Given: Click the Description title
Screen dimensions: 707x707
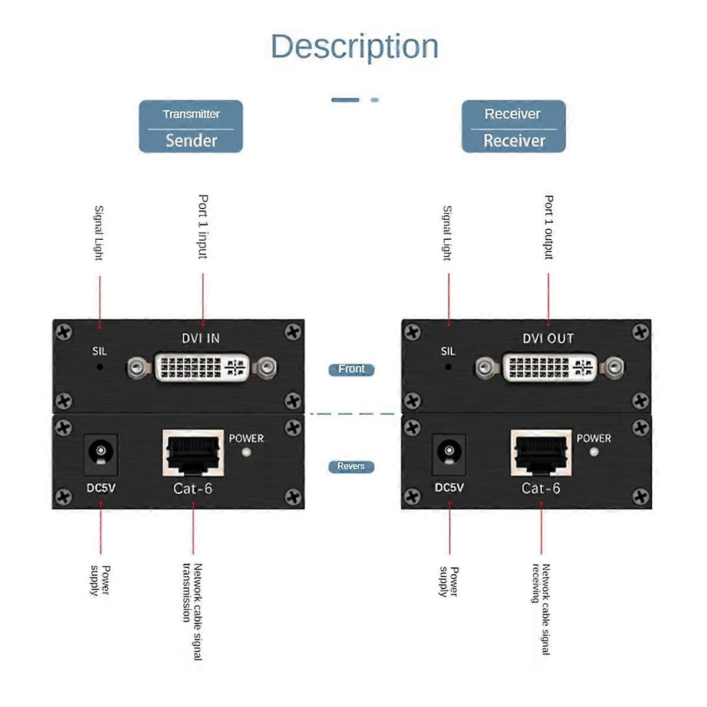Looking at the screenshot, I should tap(355, 47).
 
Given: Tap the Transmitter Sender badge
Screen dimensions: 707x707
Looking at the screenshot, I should tap(191, 127).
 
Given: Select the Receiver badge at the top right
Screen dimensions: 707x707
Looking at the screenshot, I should tap(513, 127).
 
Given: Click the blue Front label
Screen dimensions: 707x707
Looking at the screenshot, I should tap(351, 369).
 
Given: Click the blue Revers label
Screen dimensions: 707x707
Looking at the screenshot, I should tap(351, 467).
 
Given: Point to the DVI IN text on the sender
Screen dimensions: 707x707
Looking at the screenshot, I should tap(200, 338).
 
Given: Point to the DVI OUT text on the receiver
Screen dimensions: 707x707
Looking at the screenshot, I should tap(548, 338).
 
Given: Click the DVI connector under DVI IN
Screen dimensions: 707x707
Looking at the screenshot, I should tap(201, 368).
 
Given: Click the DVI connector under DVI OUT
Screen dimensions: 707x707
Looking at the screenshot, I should tap(550, 368).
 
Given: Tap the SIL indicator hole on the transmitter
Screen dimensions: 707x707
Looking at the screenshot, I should tap(100, 366).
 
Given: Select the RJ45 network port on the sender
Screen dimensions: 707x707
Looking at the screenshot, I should tap(193, 452).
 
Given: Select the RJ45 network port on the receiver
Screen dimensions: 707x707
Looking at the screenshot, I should tap(541, 452).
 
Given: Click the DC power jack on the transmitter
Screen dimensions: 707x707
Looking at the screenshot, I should tap(101, 454).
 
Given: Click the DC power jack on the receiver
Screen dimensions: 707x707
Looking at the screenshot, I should tap(449, 454).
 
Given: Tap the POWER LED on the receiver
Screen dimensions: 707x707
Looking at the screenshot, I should tap(594, 452).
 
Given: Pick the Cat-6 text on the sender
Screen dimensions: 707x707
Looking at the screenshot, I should tap(193, 488).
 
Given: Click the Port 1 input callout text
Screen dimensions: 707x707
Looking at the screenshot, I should tap(203, 227).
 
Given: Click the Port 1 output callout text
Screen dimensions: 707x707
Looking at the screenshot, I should tap(549, 227).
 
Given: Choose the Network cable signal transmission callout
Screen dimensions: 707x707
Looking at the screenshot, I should tap(192, 611).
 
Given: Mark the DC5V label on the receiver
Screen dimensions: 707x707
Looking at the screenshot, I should tap(449, 488).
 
